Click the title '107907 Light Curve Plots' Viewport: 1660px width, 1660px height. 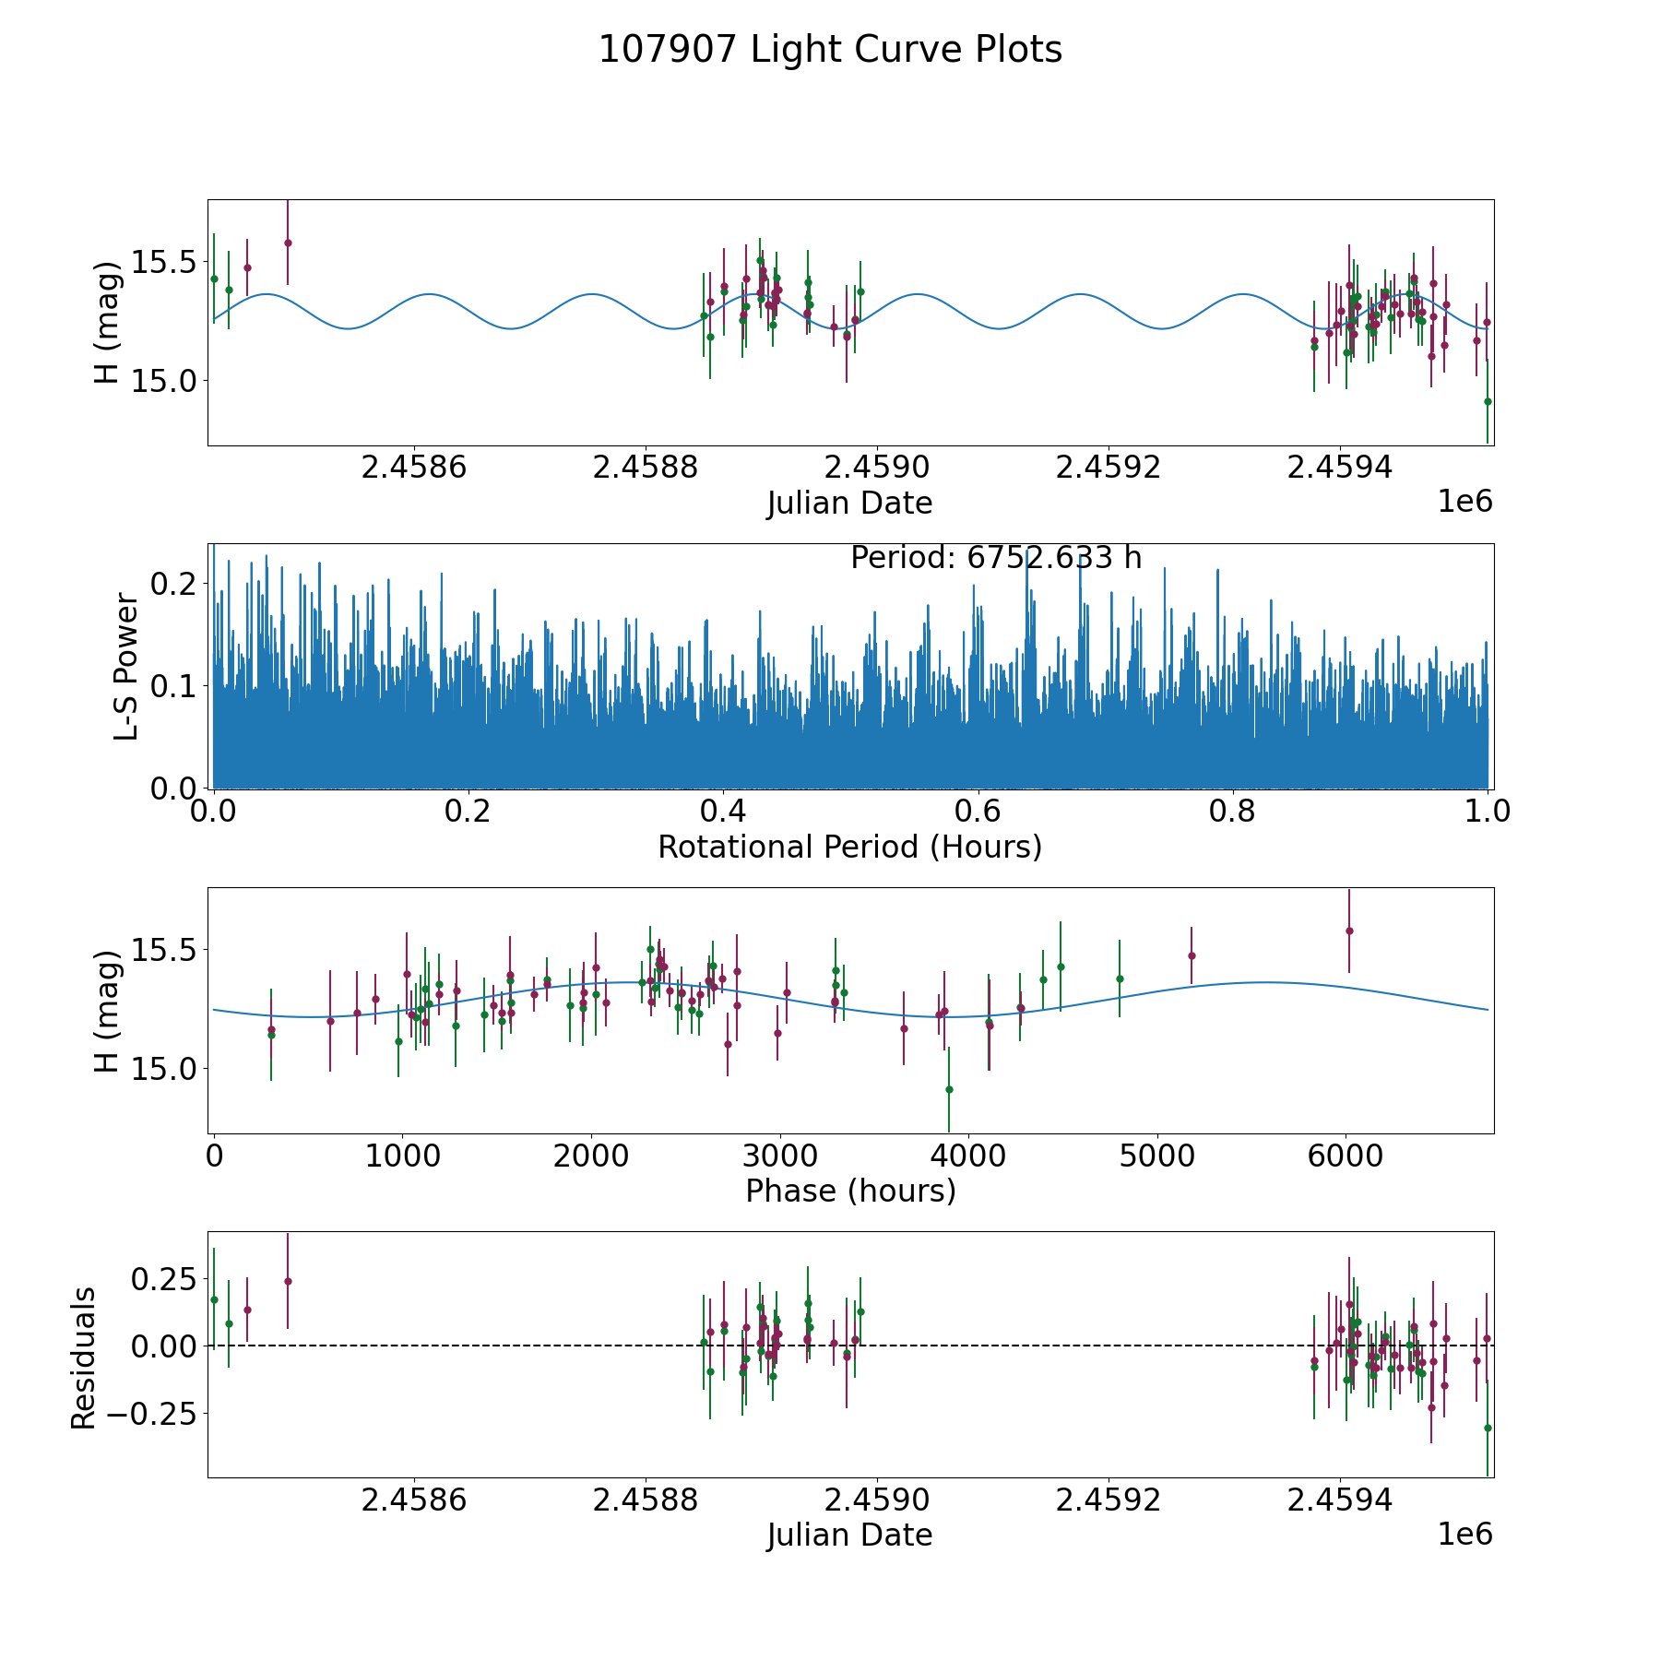click(x=830, y=50)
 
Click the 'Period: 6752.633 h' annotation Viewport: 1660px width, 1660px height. click(x=996, y=558)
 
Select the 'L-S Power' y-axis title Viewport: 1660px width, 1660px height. click(x=127, y=667)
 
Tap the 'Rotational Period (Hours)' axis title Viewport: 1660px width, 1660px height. click(x=849, y=847)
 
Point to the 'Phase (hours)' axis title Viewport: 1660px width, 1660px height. click(x=849, y=1191)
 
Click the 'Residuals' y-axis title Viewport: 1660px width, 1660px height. click(x=84, y=1358)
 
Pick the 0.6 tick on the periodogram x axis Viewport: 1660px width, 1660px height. click(x=978, y=812)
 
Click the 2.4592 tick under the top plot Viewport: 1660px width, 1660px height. click(x=1108, y=468)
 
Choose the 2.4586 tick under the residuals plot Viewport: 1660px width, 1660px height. click(x=414, y=1500)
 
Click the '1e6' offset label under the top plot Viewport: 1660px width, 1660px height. click(x=1464, y=502)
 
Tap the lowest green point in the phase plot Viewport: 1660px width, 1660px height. click(x=949, y=1089)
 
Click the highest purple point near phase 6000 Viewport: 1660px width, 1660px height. click(x=1349, y=931)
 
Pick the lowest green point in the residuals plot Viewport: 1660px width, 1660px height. click(x=1488, y=1428)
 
